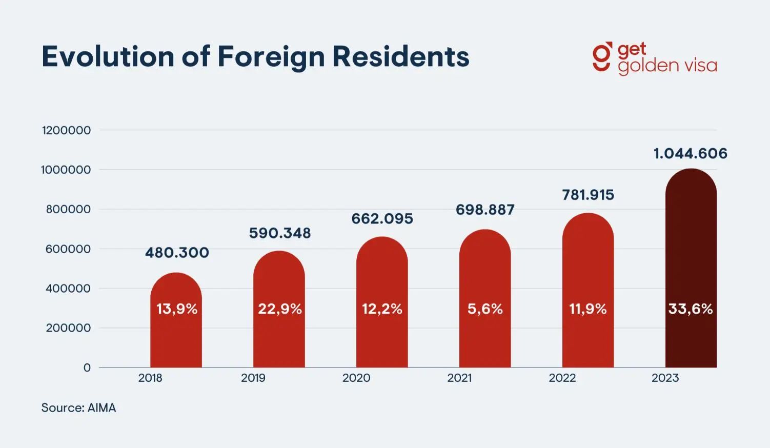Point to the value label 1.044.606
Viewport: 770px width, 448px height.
pyautogui.click(x=690, y=153)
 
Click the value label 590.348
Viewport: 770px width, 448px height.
pyautogui.click(x=280, y=233)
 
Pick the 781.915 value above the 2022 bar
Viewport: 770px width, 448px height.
pyautogui.click(x=588, y=195)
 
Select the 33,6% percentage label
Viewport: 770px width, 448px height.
pyautogui.click(x=691, y=309)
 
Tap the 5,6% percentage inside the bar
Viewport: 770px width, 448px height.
pyautogui.click(x=485, y=309)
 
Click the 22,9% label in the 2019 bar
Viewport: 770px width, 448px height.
pyautogui.click(x=280, y=309)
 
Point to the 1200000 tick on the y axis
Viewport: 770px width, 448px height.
pyautogui.click(x=67, y=130)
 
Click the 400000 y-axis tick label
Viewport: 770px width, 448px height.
pyautogui.click(x=68, y=289)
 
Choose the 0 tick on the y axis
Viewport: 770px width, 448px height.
pyautogui.click(x=87, y=368)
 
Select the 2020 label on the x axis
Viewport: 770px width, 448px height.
pyautogui.click(x=356, y=378)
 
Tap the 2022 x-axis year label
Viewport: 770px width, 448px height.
pyautogui.click(x=562, y=378)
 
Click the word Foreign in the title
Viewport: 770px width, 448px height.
pyautogui.click(x=271, y=56)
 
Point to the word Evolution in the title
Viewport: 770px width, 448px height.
pyautogui.click(x=108, y=56)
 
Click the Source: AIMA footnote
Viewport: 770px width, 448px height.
pyautogui.click(x=78, y=408)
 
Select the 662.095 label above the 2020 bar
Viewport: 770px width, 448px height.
pyautogui.click(x=382, y=219)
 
